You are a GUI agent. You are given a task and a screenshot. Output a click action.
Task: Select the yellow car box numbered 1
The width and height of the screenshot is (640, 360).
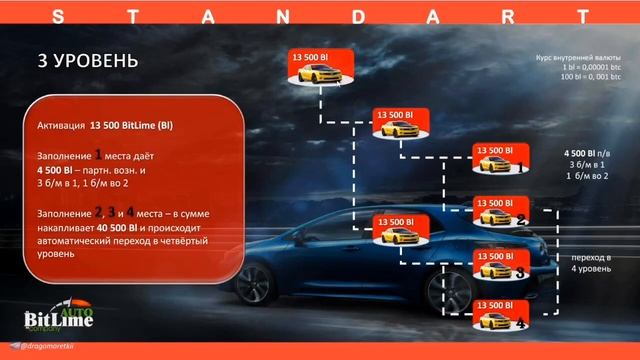point(500,158)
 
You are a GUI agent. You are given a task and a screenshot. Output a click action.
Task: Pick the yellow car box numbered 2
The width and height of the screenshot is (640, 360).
point(500,212)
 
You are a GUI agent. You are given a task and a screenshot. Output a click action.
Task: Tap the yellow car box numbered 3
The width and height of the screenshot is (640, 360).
point(499,263)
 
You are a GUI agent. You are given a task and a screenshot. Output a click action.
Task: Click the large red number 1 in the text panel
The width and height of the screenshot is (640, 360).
point(98,153)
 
